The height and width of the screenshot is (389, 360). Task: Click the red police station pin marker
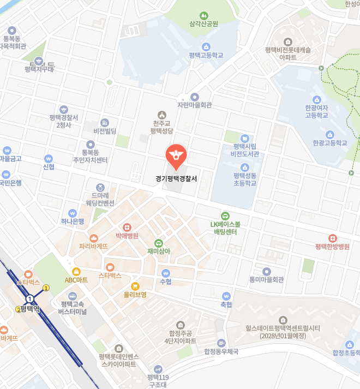(x=176, y=155)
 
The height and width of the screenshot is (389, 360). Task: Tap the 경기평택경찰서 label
(x=176, y=178)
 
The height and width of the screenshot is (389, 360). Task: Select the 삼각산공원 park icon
(x=203, y=15)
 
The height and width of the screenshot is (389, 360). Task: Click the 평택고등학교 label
(x=206, y=55)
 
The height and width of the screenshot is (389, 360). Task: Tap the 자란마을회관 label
(x=195, y=105)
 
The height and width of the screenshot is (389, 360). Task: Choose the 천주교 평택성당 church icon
(x=161, y=115)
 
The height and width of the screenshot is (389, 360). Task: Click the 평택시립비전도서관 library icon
(x=245, y=138)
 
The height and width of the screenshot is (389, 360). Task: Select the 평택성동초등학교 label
(x=245, y=179)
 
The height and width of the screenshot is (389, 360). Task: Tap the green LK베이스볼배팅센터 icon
(x=225, y=216)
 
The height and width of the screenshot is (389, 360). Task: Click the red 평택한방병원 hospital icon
(x=332, y=238)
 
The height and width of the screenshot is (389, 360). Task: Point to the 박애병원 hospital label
(x=127, y=236)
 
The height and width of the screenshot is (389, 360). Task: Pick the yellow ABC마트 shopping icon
(x=76, y=271)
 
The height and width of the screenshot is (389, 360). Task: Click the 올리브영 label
(x=135, y=295)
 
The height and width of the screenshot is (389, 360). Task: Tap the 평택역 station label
(x=30, y=309)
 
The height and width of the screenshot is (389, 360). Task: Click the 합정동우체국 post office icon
(x=221, y=343)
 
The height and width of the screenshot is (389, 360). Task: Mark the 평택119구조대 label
(x=158, y=381)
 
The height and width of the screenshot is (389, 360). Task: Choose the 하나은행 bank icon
(x=72, y=213)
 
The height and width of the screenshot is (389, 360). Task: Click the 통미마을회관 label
(x=266, y=279)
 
